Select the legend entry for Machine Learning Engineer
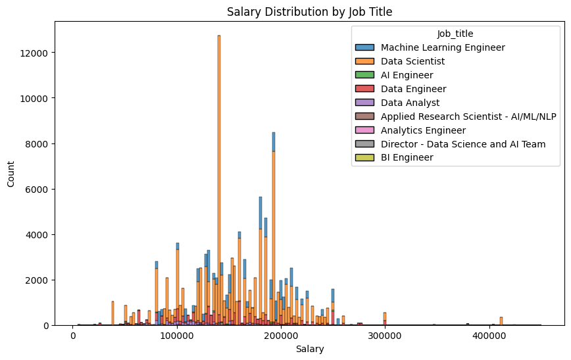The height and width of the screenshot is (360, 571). click(x=443, y=47)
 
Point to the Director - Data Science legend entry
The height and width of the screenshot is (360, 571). click(x=463, y=144)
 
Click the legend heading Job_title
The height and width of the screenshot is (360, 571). click(x=455, y=34)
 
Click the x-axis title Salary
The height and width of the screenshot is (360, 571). click(x=309, y=349)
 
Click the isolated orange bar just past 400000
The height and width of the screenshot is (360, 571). click(x=501, y=321)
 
